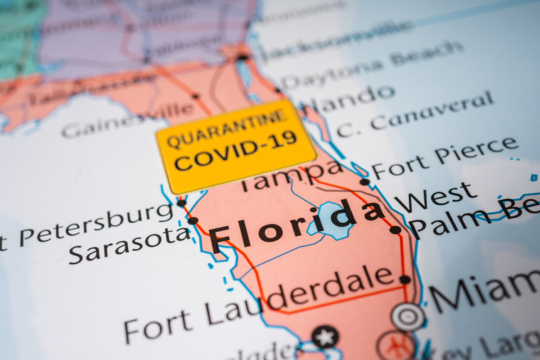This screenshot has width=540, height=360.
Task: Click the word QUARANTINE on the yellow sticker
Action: coord(227,128)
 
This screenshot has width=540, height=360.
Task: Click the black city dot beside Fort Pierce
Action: coord(364,182)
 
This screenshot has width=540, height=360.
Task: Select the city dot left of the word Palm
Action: coord(395,230)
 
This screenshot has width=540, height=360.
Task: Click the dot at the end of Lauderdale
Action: coord(405,279)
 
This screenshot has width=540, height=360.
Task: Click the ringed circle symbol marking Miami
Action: coord(408,317)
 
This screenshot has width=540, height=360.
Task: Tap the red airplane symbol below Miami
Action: coord(396,346)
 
